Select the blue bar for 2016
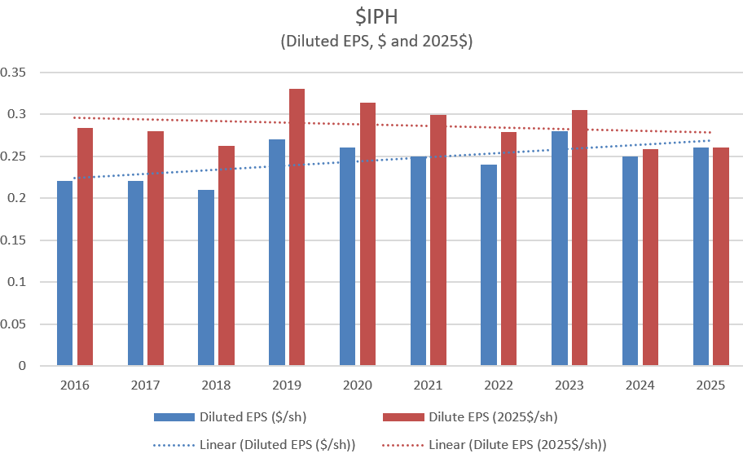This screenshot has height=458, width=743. click(x=64, y=273)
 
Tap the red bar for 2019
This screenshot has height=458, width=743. click(x=297, y=227)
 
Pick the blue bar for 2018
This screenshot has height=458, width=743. click(x=206, y=278)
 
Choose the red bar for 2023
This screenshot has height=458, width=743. click(x=579, y=238)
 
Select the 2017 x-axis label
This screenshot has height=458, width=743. click(x=145, y=383)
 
